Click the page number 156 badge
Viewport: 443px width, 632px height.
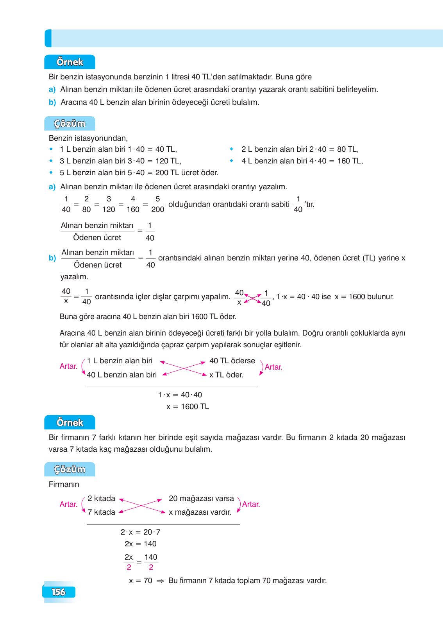coord(59,592)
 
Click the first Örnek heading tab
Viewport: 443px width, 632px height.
coord(70,62)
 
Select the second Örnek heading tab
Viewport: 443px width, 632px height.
coord(70,423)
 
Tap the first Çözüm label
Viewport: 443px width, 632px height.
coord(70,124)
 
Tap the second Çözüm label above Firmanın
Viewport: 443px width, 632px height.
coord(70,469)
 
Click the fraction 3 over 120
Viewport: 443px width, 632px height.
coord(109,204)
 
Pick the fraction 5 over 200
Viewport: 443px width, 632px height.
coord(157,204)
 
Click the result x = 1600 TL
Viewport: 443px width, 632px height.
coord(188,406)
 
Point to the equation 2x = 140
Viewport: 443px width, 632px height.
coord(141,544)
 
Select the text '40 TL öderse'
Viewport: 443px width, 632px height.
coord(232,361)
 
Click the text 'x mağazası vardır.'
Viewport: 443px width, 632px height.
coord(200,512)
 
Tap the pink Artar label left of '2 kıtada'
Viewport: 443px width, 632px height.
coord(68,505)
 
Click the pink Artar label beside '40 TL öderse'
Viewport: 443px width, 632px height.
coord(273,367)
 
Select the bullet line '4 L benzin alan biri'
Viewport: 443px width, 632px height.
coord(302,161)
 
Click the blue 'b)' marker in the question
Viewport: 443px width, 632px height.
coord(52,102)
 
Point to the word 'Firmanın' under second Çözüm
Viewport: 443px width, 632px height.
coord(64,484)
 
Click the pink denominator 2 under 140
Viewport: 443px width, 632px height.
coord(151,567)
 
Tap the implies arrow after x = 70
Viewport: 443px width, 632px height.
coord(160,581)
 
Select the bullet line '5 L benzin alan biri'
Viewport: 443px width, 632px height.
coord(139,172)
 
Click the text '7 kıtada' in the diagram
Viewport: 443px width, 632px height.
coord(101,512)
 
